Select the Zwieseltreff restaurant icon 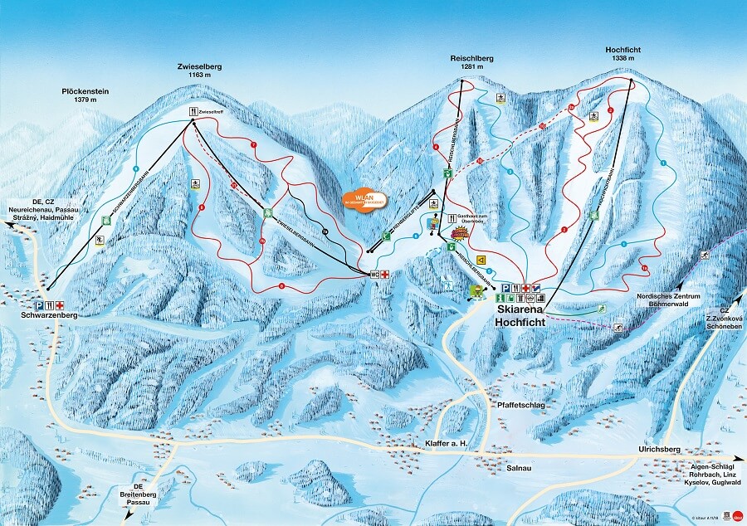193,111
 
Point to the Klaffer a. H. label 446,444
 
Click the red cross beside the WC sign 384,274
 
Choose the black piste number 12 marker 325,230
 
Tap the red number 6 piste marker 281,286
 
